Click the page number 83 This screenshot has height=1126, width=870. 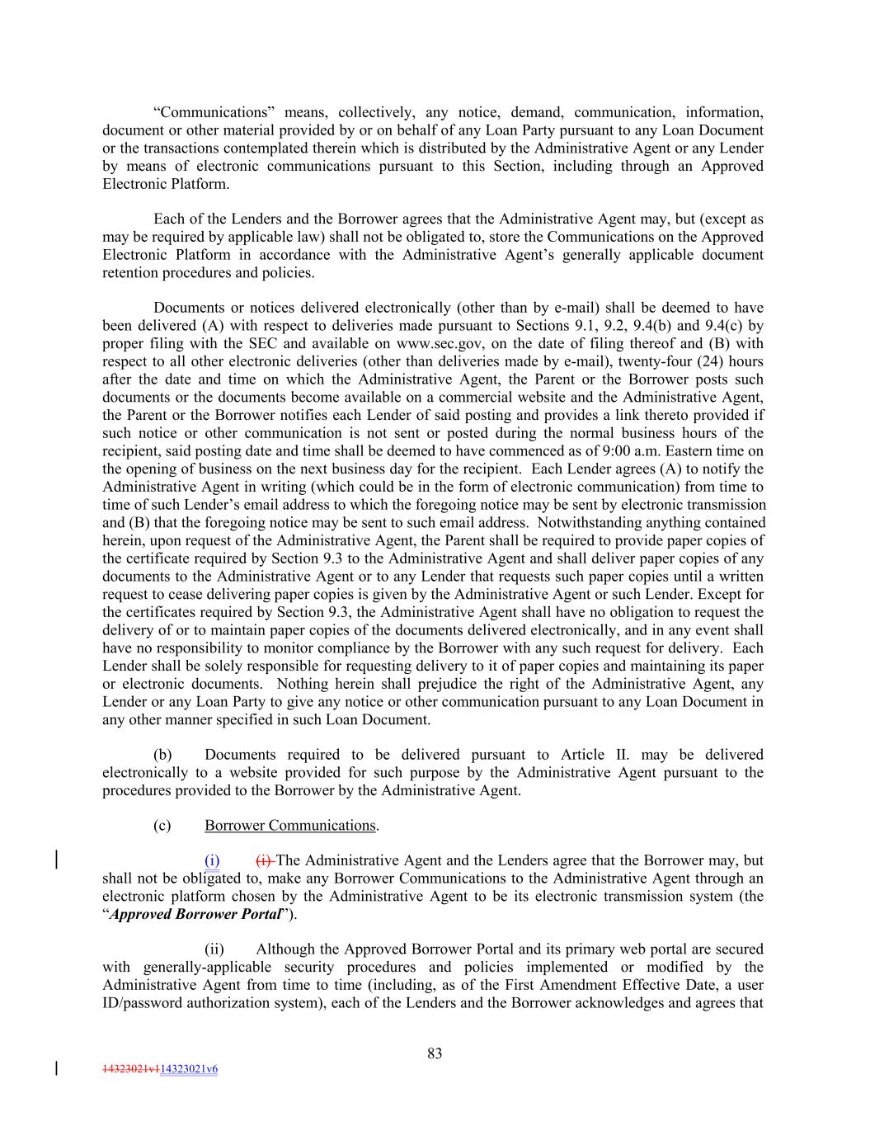click(435, 1053)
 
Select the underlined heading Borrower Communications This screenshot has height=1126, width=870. click(289, 826)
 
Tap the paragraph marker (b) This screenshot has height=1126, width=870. click(162, 755)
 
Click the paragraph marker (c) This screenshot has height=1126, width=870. click(162, 826)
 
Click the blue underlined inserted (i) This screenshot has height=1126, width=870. click(212, 861)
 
